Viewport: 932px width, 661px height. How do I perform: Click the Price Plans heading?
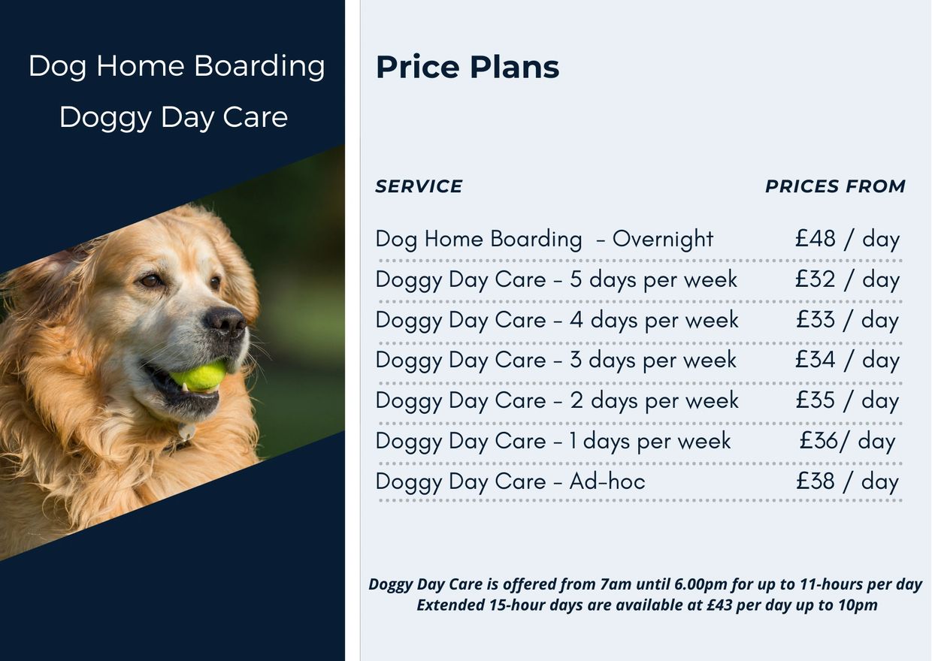point(467,68)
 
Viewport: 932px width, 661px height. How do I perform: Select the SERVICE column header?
point(419,186)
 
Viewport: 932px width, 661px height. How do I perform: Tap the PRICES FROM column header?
point(835,186)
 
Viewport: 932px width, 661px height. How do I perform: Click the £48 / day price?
point(847,239)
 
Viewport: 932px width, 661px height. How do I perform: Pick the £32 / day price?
point(847,279)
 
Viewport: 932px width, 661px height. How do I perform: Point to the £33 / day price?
point(847,320)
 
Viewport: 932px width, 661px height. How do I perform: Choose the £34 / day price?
point(847,360)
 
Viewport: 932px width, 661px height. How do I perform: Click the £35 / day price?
point(847,400)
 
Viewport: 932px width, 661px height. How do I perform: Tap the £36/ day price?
point(847,441)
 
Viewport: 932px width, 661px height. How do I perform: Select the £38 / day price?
point(847,481)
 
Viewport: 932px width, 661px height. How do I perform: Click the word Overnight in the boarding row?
point(662,240)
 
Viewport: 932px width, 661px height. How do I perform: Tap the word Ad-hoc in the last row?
point(607,481)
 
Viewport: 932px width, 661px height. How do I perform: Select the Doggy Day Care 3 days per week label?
point(555,361)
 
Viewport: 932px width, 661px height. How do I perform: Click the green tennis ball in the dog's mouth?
point(200,376)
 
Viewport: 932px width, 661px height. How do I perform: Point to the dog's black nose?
point(226,321)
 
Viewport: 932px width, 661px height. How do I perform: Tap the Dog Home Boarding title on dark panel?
point(177,66)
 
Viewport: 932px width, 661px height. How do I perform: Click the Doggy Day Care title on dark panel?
point(173,117)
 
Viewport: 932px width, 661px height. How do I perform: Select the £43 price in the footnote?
point(719,605)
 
